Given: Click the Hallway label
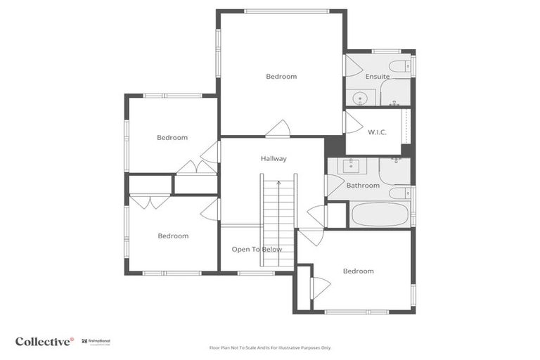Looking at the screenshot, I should pos(274,159).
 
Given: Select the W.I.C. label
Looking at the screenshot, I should pos(378,132).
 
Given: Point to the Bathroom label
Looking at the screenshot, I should pos(363,186).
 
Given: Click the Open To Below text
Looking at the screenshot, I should pos(257,250).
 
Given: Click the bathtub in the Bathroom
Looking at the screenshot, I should pos(380,214).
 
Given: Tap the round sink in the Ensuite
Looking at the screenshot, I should pos(359,98).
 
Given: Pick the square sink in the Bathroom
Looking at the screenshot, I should pos(349,167).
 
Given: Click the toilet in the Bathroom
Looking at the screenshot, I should pos(398,193).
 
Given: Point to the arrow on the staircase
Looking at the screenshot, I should pos(278,184).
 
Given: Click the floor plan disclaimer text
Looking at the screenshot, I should pos(269,347).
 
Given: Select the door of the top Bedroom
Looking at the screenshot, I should pos(278,129).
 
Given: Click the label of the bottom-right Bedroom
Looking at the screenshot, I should pos(358,271).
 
